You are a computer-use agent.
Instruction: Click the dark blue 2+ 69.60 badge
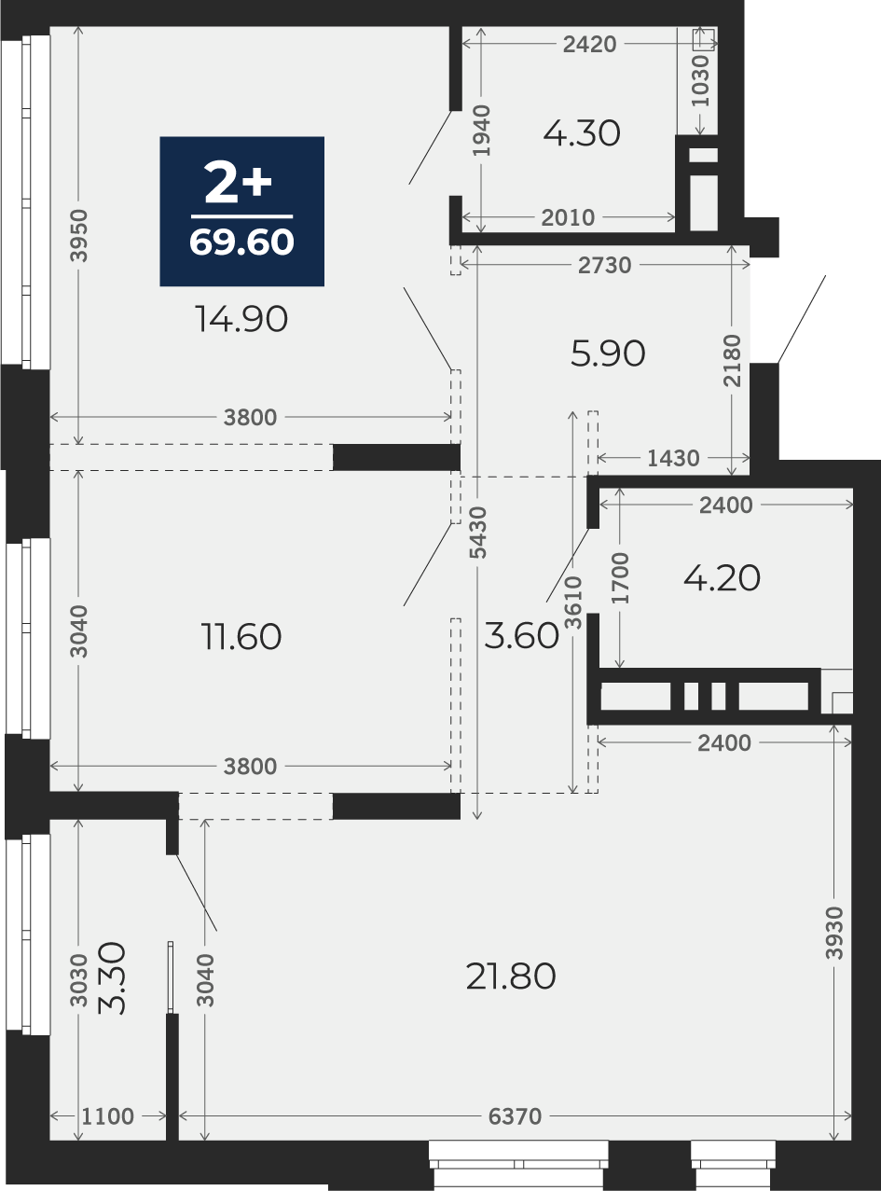click(241, 211)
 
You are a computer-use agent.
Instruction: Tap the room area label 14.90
click(241, 319)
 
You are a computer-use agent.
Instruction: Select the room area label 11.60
click(241, 636)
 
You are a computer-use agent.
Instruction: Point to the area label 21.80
click(511, 976)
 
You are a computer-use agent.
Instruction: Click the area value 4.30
click(582, 133)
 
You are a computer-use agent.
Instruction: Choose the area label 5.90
click(608, 353)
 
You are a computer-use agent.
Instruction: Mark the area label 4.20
click(723, 578)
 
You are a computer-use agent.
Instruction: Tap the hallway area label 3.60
click(521, 635)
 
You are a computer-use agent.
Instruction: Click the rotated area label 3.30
click(112, 978)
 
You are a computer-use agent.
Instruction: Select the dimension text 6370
click(515, 1116)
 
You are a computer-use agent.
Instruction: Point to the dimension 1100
click(108, 1116)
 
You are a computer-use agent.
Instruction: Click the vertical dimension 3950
click(79, 236)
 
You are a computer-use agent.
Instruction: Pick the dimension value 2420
click(589, 44)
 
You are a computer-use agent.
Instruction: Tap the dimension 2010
click(568, 217)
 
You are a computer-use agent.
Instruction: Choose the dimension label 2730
click(604, 265)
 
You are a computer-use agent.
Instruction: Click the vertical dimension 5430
click(477, 533)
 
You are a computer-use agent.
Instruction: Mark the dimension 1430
click(673, 458)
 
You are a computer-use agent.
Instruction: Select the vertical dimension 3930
click(834, 933)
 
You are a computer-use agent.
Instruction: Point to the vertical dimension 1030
click(700, 81)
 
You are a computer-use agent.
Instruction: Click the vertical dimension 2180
click(732, 360)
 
